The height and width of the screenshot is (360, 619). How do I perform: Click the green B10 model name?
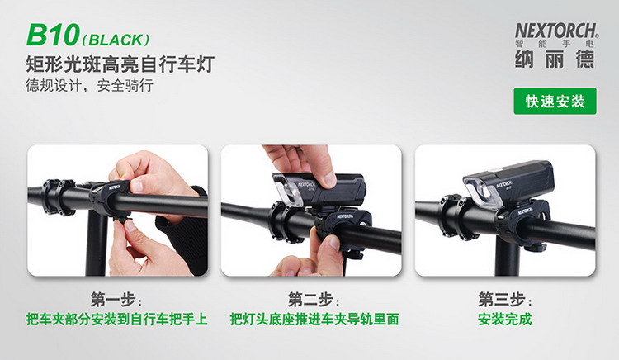coord(53,35)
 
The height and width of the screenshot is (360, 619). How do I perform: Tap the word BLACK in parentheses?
coord(116,40)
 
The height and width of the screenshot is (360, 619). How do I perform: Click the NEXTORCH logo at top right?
coord(556,31)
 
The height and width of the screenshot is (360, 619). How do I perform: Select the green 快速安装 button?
coord(555,102)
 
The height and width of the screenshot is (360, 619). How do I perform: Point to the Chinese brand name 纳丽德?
coord(555,59)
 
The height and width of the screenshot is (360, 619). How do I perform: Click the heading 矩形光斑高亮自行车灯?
coord(120,64)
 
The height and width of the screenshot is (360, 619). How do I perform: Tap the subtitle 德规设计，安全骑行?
coord(89,85)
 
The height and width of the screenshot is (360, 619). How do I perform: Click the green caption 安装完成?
coord(505,320)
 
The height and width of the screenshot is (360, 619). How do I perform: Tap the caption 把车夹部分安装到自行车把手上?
coord(117,320)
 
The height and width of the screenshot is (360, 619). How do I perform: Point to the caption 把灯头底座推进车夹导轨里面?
coord(314,320)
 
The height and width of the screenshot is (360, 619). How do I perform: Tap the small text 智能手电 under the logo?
coord(555,44)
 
